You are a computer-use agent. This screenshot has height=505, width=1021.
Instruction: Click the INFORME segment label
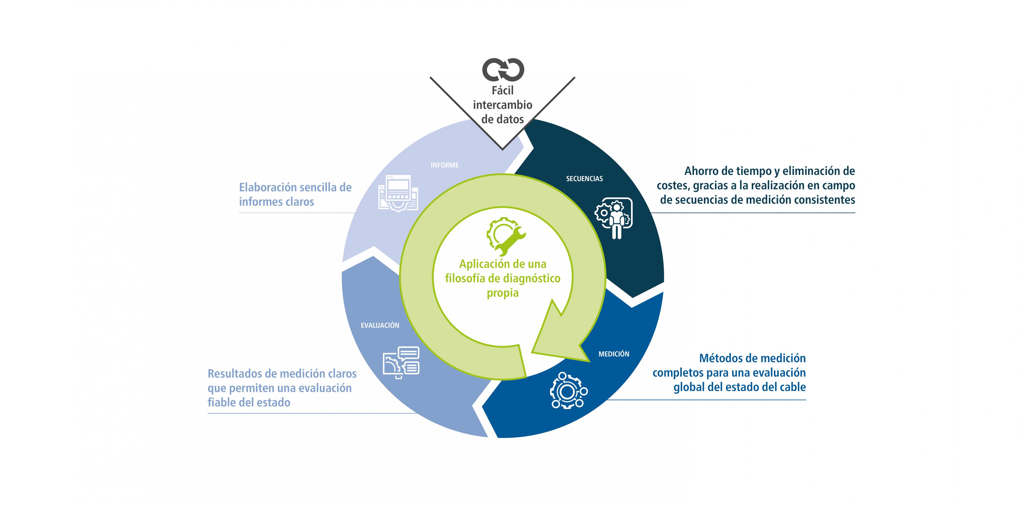pos(445,165)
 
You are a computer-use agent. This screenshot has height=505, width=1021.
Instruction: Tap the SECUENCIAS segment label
pos(584,179)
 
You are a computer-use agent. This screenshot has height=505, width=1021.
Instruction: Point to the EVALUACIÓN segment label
pos(380,325)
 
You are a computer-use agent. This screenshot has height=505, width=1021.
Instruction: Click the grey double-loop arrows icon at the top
pos(503,70)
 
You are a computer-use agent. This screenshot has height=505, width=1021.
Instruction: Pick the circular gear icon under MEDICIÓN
pos(568,390)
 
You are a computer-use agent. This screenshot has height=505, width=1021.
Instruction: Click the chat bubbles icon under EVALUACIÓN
pos(401,362)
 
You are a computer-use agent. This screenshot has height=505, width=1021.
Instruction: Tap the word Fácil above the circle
pos(503,91)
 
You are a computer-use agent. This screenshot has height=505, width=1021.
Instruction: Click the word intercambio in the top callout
pos(503,105)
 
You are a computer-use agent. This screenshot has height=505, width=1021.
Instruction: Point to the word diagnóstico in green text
pos(532,279)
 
